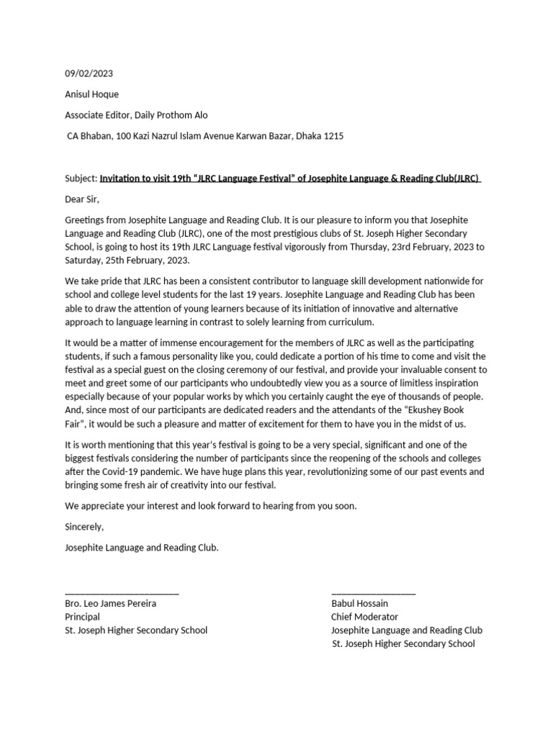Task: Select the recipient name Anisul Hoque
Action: point(91,94)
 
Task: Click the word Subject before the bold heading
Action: point(81,178)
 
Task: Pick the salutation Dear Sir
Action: point(82,199)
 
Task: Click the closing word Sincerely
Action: point(84,527)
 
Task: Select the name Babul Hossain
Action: point(359,603)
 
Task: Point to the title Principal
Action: point(83,617)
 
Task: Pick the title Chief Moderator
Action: point(364,617)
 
